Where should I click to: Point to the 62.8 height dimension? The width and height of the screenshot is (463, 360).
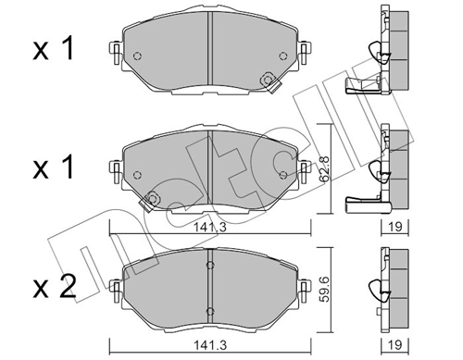323,161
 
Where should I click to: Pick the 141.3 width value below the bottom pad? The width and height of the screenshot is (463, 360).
212,345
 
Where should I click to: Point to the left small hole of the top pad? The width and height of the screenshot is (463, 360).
137,56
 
